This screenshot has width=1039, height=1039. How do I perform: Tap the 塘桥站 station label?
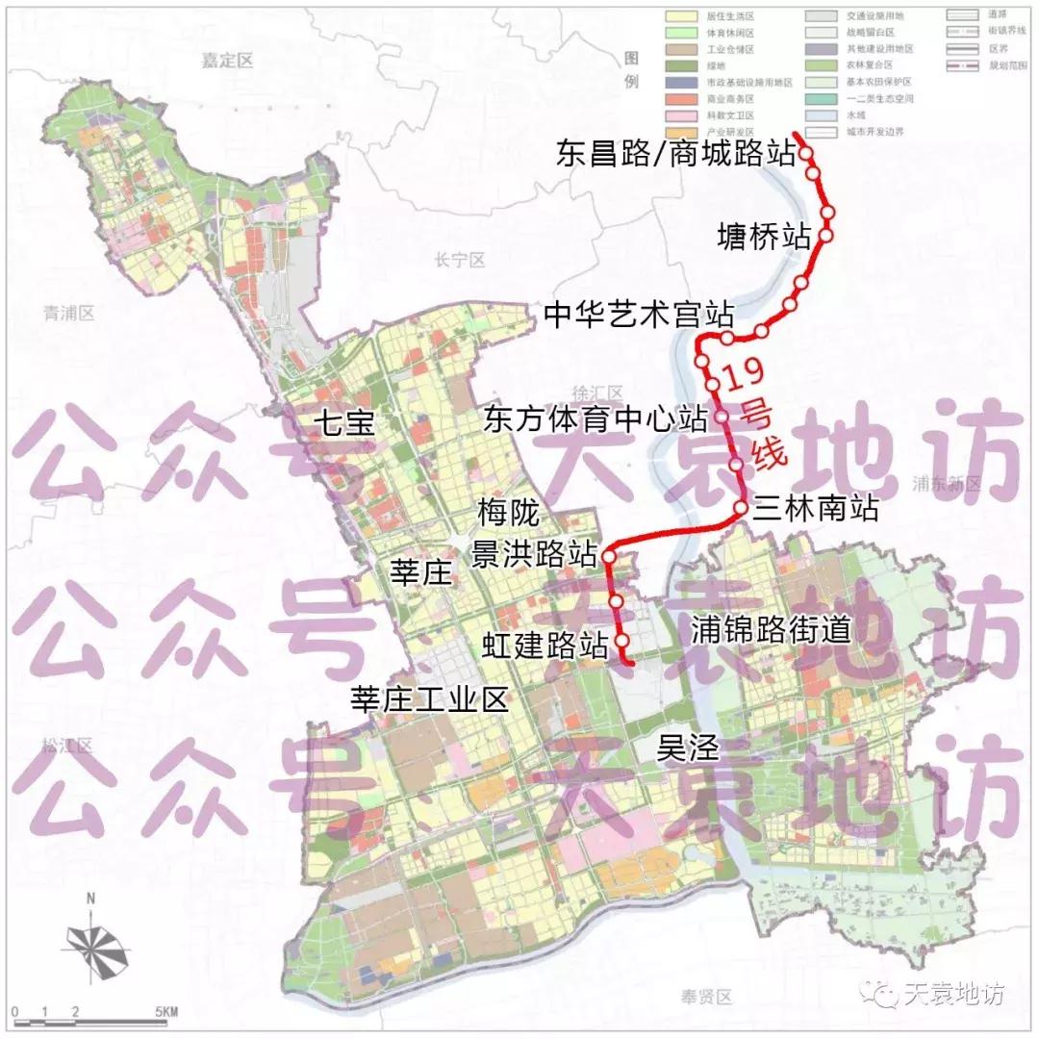pyautogui.click(x=765, y=236)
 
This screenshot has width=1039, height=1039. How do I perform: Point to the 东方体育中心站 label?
pyautogui.click(x=596, y=419)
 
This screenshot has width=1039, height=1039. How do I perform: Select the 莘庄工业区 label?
pyautogui.click(x=429, y=698)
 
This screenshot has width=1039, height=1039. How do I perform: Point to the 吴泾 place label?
pyautogui.click(x=687, y=748)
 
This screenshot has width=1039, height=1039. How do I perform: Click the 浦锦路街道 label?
pyautogui.click(x=772, y=629)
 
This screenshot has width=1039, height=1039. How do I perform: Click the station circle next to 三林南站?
pyautogui.click(x=741, y=507)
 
